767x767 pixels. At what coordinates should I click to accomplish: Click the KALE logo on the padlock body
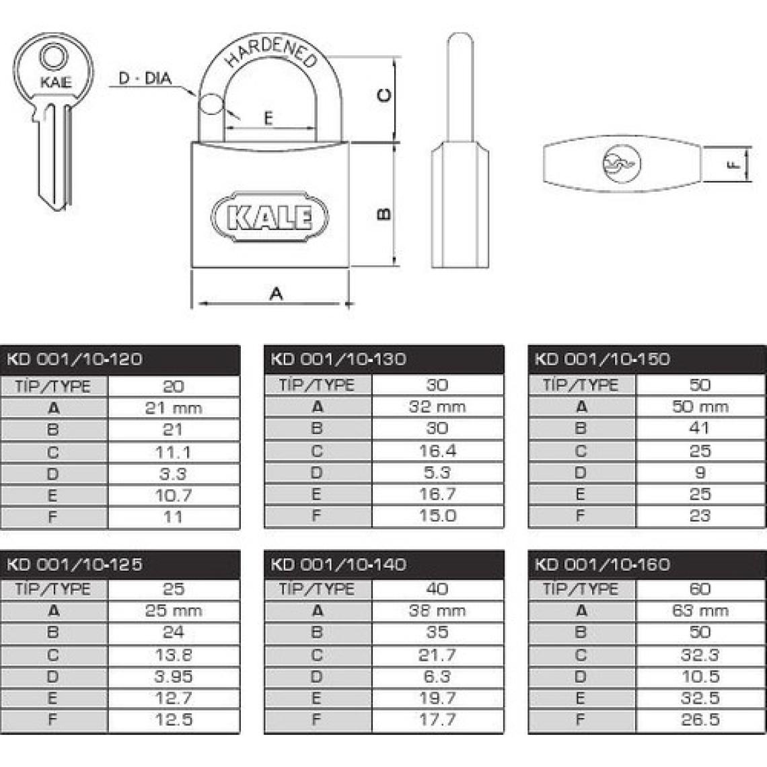[x=270, y=216]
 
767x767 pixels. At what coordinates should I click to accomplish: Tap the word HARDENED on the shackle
[x=270, y=51]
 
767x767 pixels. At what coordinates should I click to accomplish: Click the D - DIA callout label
[x=145, y=78]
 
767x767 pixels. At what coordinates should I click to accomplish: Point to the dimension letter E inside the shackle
[x=268, y=118]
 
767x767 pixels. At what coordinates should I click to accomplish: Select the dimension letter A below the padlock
[x=277, y=293]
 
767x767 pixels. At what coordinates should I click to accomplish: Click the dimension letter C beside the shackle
[x=385, y=95]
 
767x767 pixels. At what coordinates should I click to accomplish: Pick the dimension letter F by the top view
[x=734, y=165]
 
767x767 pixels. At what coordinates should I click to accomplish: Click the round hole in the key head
[x=51, y=57]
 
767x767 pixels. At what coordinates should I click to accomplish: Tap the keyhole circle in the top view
[x=622, y=163]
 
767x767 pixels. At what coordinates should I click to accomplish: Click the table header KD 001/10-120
[x=75, y=359]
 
